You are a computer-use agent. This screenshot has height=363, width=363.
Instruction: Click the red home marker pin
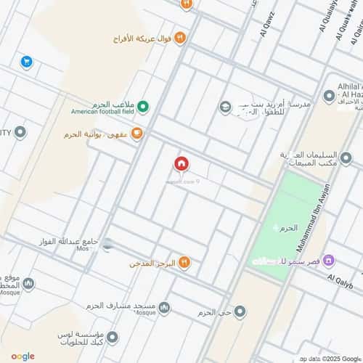pyautogui.click(x=181, y=164)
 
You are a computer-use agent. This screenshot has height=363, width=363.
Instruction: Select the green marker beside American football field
pyautogui.click(x=144, y=107)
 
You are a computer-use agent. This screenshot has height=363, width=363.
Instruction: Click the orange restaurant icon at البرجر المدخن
pyautogui.click(x=184, y=262)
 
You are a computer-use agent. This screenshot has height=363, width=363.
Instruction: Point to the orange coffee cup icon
pyautogui.click(x=136, y=133)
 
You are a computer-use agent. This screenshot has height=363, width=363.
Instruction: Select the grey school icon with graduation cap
pyautogui.click(x=226, y=107)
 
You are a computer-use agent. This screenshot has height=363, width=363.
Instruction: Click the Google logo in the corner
pyautogui.click(x=23, y=356)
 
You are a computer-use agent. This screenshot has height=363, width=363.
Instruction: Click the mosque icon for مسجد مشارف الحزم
pyautogui.click(x=165, y=308)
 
